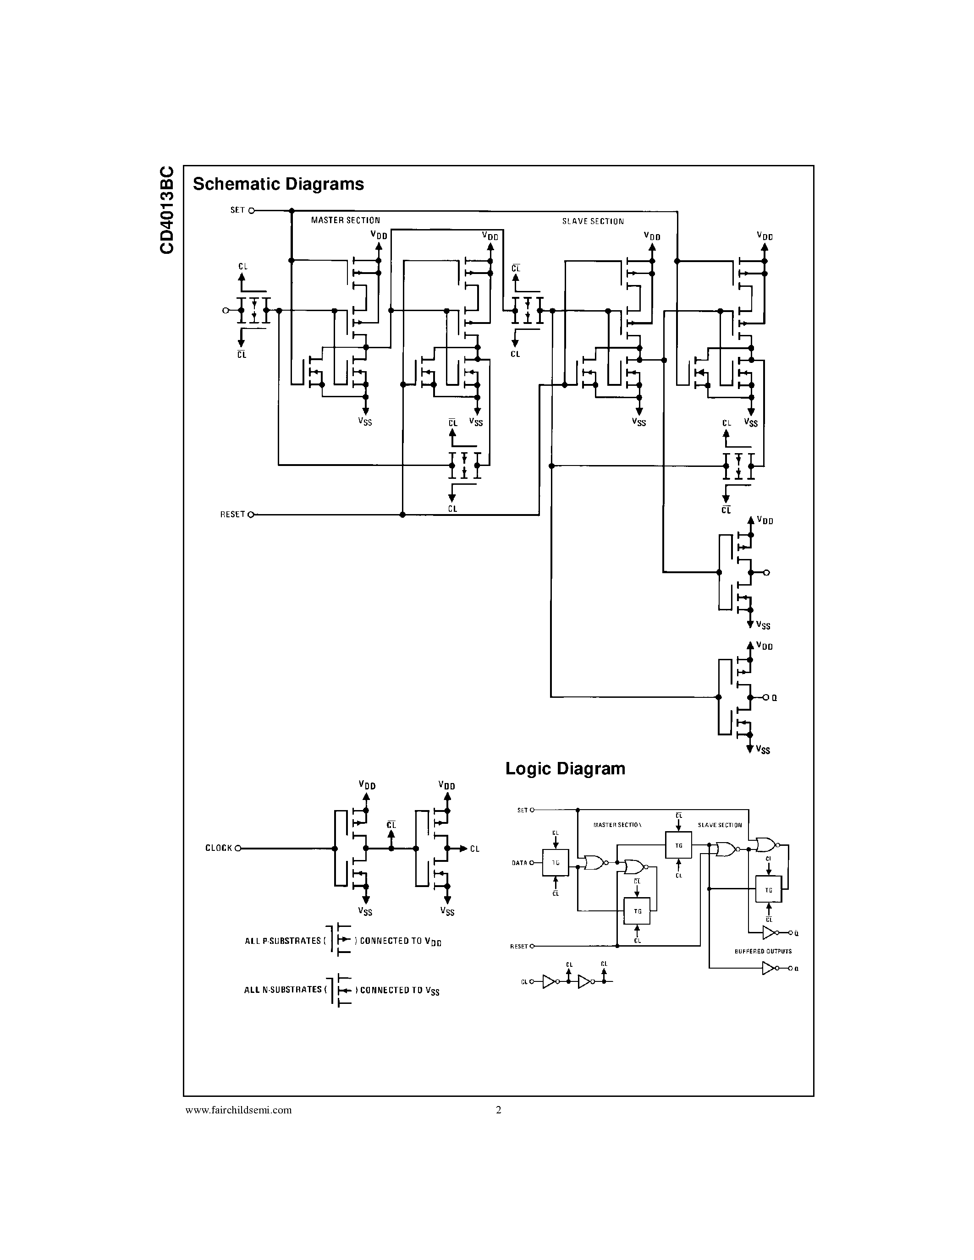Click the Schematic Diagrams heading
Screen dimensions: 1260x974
278,184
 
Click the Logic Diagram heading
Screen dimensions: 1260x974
565,768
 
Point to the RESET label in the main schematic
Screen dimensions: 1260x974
232,514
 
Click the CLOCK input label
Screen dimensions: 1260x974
219,848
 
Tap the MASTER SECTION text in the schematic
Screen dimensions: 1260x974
345,220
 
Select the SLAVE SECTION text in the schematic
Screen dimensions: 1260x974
593,222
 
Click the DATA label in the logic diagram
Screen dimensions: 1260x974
519,863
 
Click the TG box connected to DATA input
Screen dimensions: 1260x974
555,862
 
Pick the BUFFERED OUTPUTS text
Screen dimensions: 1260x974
763,951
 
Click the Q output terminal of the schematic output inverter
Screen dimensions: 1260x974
767,697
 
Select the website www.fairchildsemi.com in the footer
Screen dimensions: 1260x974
238,1110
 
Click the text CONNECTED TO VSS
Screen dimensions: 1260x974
399,990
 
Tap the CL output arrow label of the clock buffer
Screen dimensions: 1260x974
474,849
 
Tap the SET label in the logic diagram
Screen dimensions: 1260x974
522,810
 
